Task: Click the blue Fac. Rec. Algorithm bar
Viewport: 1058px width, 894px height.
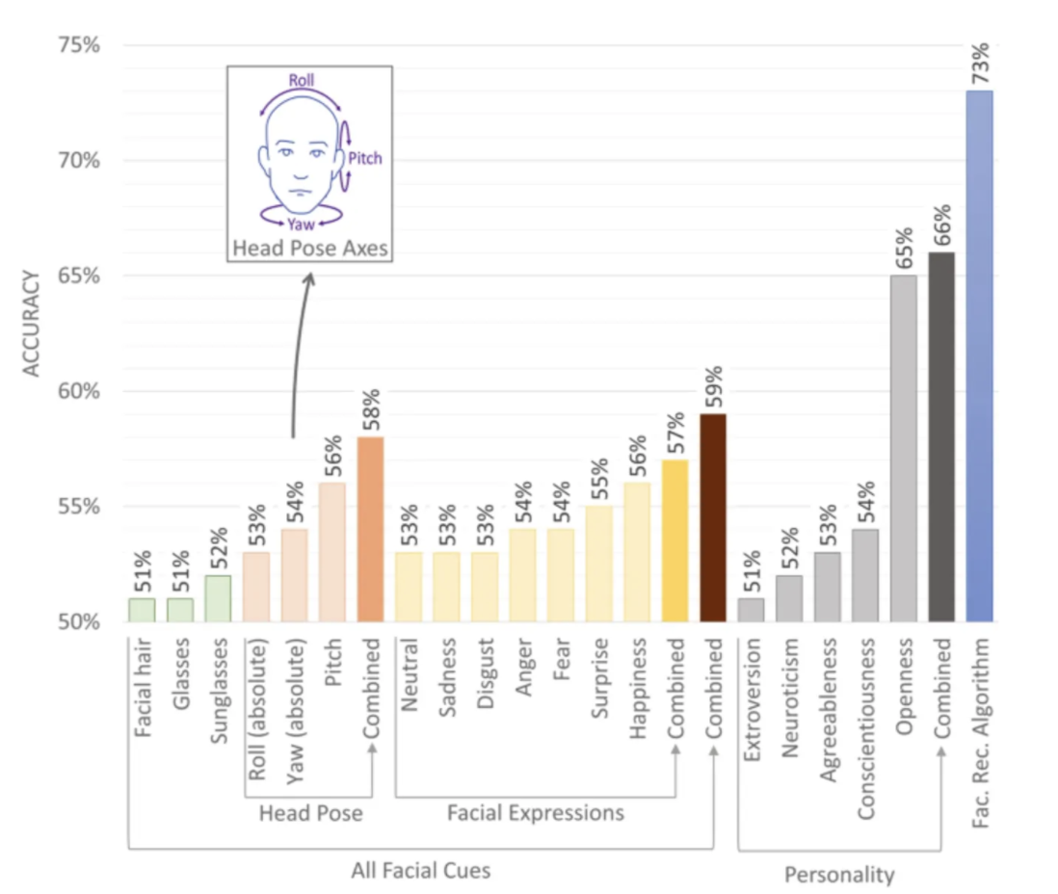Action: tap(979, 356)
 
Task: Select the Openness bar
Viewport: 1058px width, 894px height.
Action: tap(904, 448)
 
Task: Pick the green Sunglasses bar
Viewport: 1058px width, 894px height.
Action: tap(218, 598)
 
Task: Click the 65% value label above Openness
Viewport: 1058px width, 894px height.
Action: tap(904, 249)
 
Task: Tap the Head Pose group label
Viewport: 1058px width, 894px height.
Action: tap(310, 813)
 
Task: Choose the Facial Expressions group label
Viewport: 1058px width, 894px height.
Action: tap(535, 812)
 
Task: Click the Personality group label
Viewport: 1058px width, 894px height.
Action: tap(838, 875)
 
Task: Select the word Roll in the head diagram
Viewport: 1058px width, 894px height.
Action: tap(301, 80)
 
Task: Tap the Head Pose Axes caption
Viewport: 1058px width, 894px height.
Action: tap(309, 250)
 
